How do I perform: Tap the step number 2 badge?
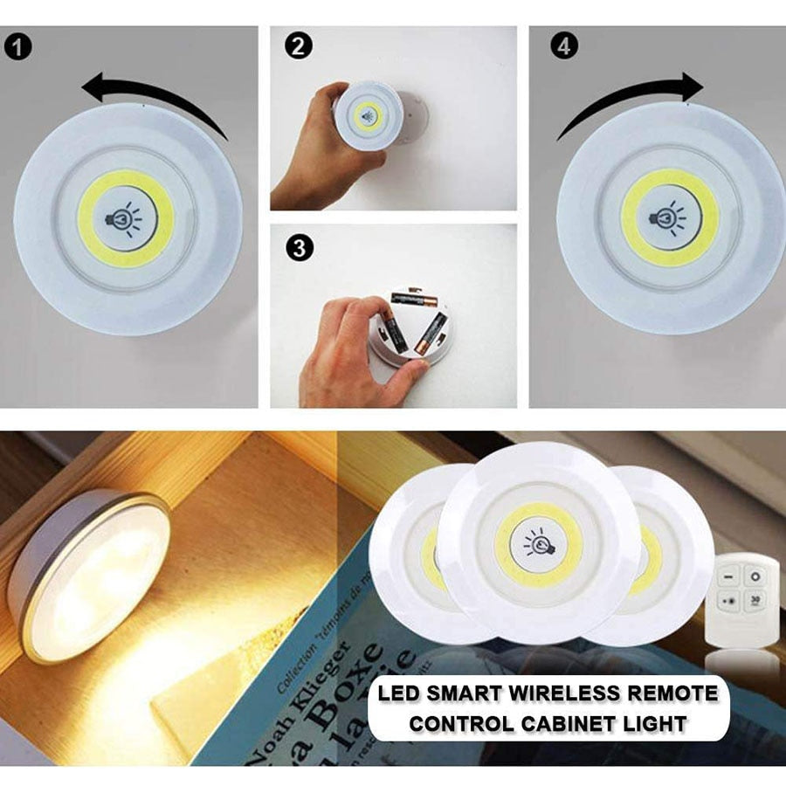pos(300,46)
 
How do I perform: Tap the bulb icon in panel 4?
pos(668,217)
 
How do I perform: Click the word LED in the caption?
pos(397,694)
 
